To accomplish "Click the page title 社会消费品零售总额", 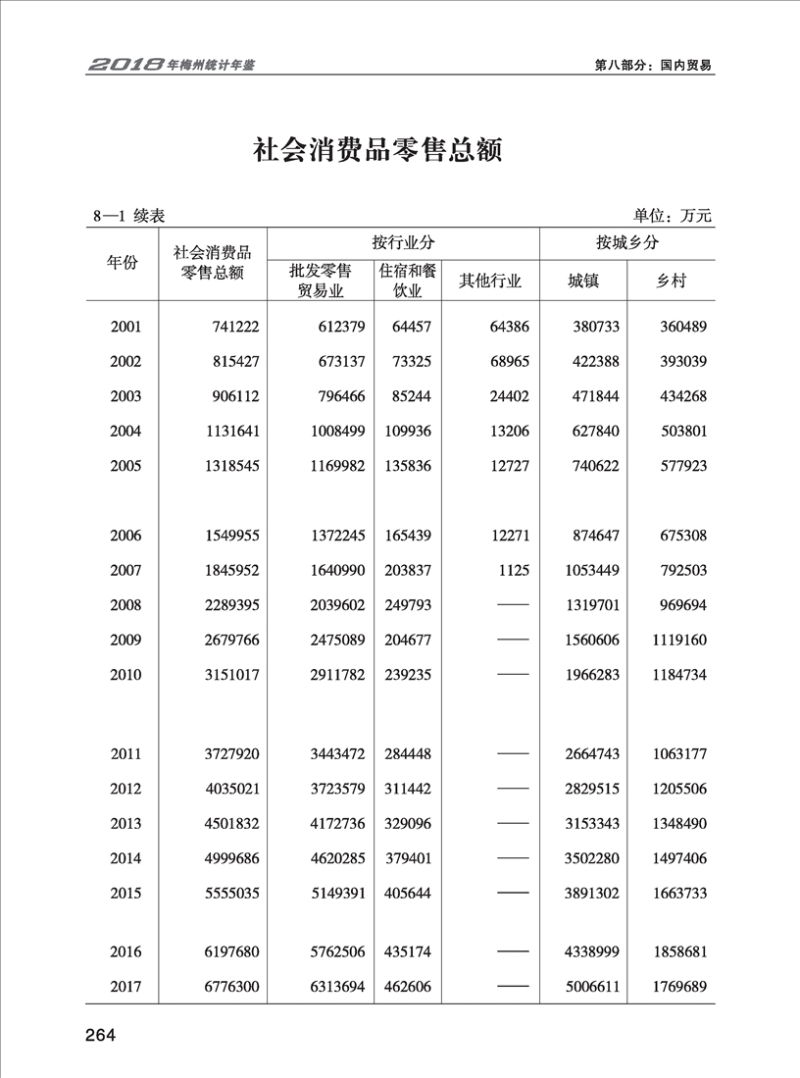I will tap(377, 152).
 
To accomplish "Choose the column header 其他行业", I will tap(490, 282).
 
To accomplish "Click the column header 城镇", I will tap(583, 282).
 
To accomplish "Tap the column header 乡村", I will tap(672, 282).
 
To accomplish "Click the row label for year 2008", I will tap(126, 605).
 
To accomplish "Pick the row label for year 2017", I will tap(126, 987).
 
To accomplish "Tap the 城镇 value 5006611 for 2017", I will tap(592, 987).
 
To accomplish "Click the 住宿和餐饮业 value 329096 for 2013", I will tap(406, 824).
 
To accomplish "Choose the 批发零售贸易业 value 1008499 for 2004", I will tap(323, 431).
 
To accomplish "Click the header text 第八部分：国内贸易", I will tap(653, 66).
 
